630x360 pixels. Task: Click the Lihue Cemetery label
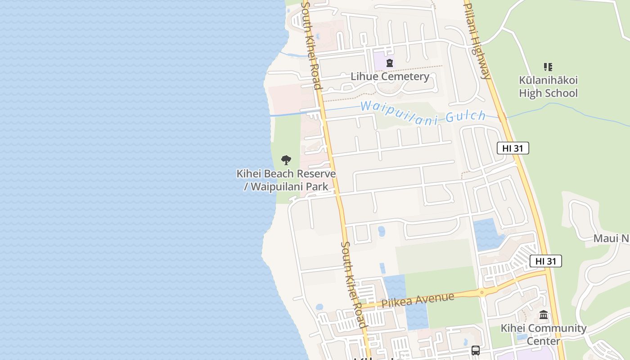[390, 76]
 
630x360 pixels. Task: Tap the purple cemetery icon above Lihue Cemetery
[390, 63]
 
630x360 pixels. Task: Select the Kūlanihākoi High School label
[548, 87]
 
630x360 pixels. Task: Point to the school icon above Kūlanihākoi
[548, 67]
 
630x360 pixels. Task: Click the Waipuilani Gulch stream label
[423, 112]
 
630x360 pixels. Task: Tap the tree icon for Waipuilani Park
[286, 160]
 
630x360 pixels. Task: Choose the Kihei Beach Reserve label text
[286, 174]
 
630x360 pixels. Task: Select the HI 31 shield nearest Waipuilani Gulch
[513, 148]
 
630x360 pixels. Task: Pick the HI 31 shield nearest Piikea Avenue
[545, 261]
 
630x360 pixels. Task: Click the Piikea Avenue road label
[418, 300]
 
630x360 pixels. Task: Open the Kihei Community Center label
[544, 334]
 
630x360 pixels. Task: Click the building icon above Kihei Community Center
[544, 315]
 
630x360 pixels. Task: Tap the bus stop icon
[475, 350]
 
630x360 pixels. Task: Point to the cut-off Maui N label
[611, 238]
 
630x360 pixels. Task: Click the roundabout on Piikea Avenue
[481, 293]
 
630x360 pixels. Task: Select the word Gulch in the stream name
[466, 117]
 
